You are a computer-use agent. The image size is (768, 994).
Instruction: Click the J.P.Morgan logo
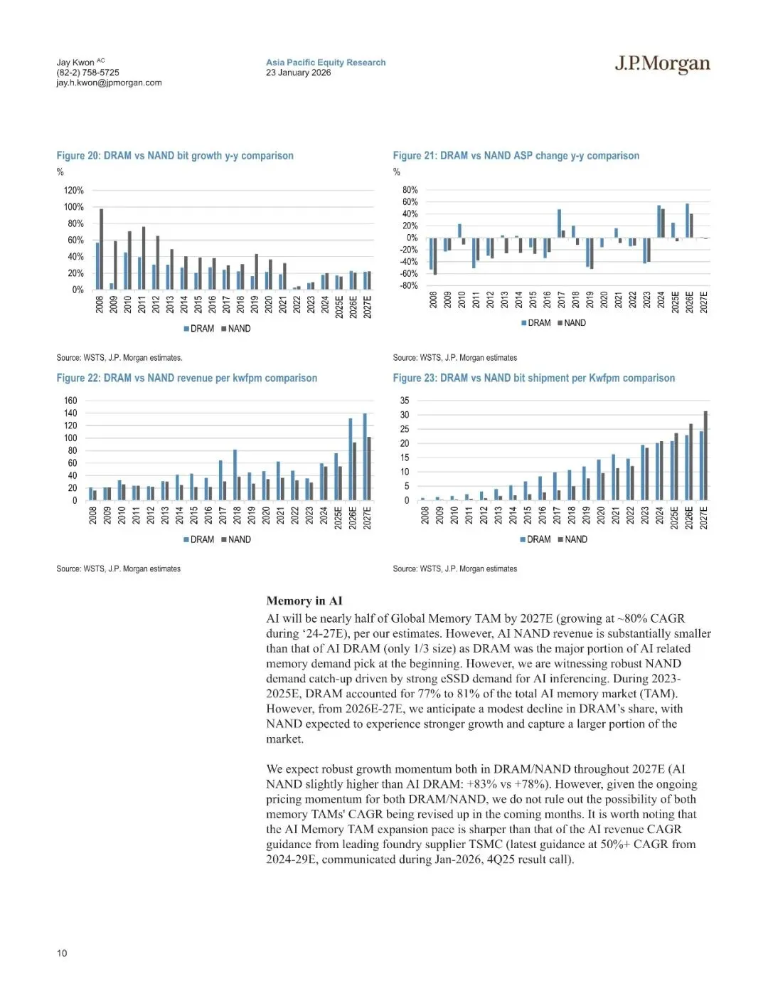tap(662, 64)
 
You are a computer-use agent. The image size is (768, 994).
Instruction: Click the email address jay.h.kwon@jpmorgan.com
tap(109, 83)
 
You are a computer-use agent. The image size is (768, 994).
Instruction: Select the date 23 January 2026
tap(298, 73)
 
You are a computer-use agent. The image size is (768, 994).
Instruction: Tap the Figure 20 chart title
tap(175, 156)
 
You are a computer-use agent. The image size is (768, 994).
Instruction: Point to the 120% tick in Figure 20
tap(74, 191)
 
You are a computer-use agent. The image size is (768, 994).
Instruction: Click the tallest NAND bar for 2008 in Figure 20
tap(101, 249)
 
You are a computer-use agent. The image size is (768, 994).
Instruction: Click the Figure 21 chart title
tap(516, 156)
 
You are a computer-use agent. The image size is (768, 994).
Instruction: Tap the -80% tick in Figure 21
tap(409, 285)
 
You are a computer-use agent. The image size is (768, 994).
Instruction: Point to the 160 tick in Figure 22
tap(70, 401)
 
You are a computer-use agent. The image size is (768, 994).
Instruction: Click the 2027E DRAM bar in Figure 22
tap(365, 457)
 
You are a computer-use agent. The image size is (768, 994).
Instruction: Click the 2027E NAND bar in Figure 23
tap(705, 455)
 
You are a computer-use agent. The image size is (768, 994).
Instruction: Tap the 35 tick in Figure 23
tap(405, 401)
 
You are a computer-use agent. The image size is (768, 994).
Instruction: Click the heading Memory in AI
tap(304, 601)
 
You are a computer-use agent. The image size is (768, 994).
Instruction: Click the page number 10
tap(62, 953)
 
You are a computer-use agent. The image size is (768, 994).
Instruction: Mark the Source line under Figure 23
tap(454, 569)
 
